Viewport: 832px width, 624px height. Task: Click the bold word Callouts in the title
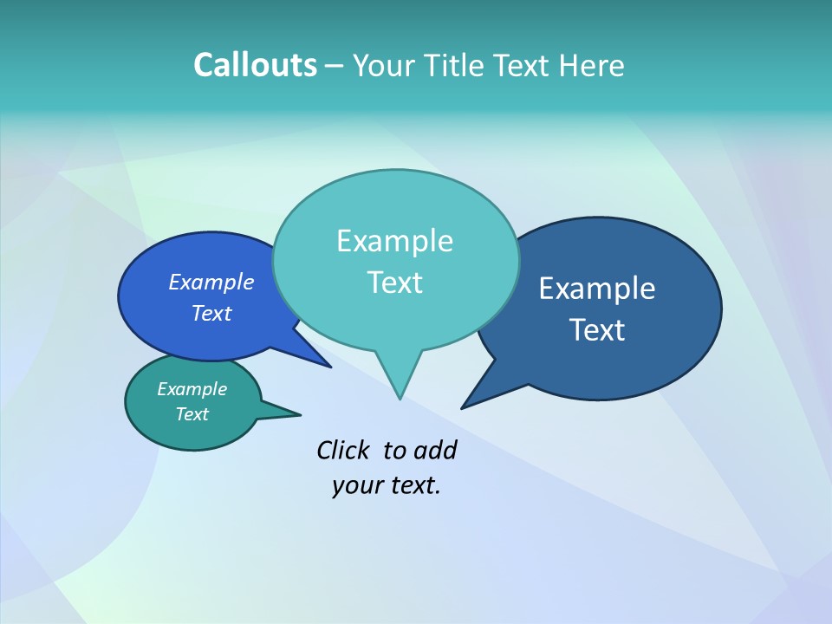(x=255, y=65)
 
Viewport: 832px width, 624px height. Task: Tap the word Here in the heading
(x=592, y=65)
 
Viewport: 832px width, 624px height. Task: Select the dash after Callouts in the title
(x=335, y=66)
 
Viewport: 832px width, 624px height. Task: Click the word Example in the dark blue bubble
(x=597, y=289)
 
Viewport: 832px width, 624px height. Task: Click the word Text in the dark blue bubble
(x=597, y=329)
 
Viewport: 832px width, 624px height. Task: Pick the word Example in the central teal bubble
(x=394, y=241)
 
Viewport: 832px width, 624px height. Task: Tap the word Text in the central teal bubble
(x=394, y=282)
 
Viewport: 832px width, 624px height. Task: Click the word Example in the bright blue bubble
(x=211, y=282)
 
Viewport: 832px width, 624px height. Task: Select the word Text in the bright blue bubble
(x=211, y=313)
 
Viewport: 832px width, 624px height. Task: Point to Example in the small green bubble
(x=192, y=389)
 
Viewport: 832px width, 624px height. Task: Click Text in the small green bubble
(x=192, y=414)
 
